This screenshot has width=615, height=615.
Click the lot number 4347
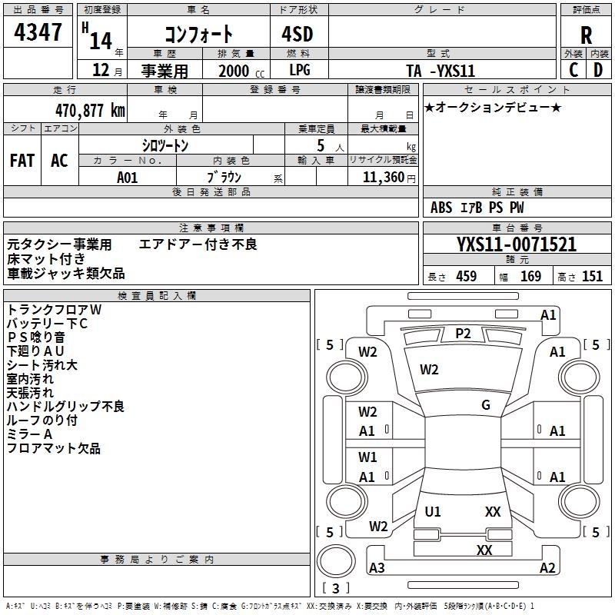[x=38, y=33]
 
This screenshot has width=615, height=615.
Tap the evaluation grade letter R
[x=586, y=35]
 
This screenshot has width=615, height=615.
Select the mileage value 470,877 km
[x=89, y=110]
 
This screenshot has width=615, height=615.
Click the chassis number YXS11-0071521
[x=517, y=245]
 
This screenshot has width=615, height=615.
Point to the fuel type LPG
[x=300, y=70]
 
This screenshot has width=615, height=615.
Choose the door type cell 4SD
[x=300, y=35]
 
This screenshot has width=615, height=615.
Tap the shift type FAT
[x=22, y=161]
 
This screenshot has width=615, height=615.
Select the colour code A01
[x=128, y=177]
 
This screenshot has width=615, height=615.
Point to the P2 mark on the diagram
[x=463, y=333]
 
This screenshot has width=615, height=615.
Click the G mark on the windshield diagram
[x=486, y=405]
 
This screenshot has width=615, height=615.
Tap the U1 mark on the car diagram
[x=433, y=511]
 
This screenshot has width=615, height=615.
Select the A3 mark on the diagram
[x=377, y=568]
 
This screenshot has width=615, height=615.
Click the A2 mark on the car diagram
[x=547, y=568]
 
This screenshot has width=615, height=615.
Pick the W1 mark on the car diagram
[x=367, y=457]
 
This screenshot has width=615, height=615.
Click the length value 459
[x=466, y=277]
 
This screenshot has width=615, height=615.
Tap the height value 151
[x=592, y=277]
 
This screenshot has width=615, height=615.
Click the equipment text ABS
[x=441, y=208]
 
